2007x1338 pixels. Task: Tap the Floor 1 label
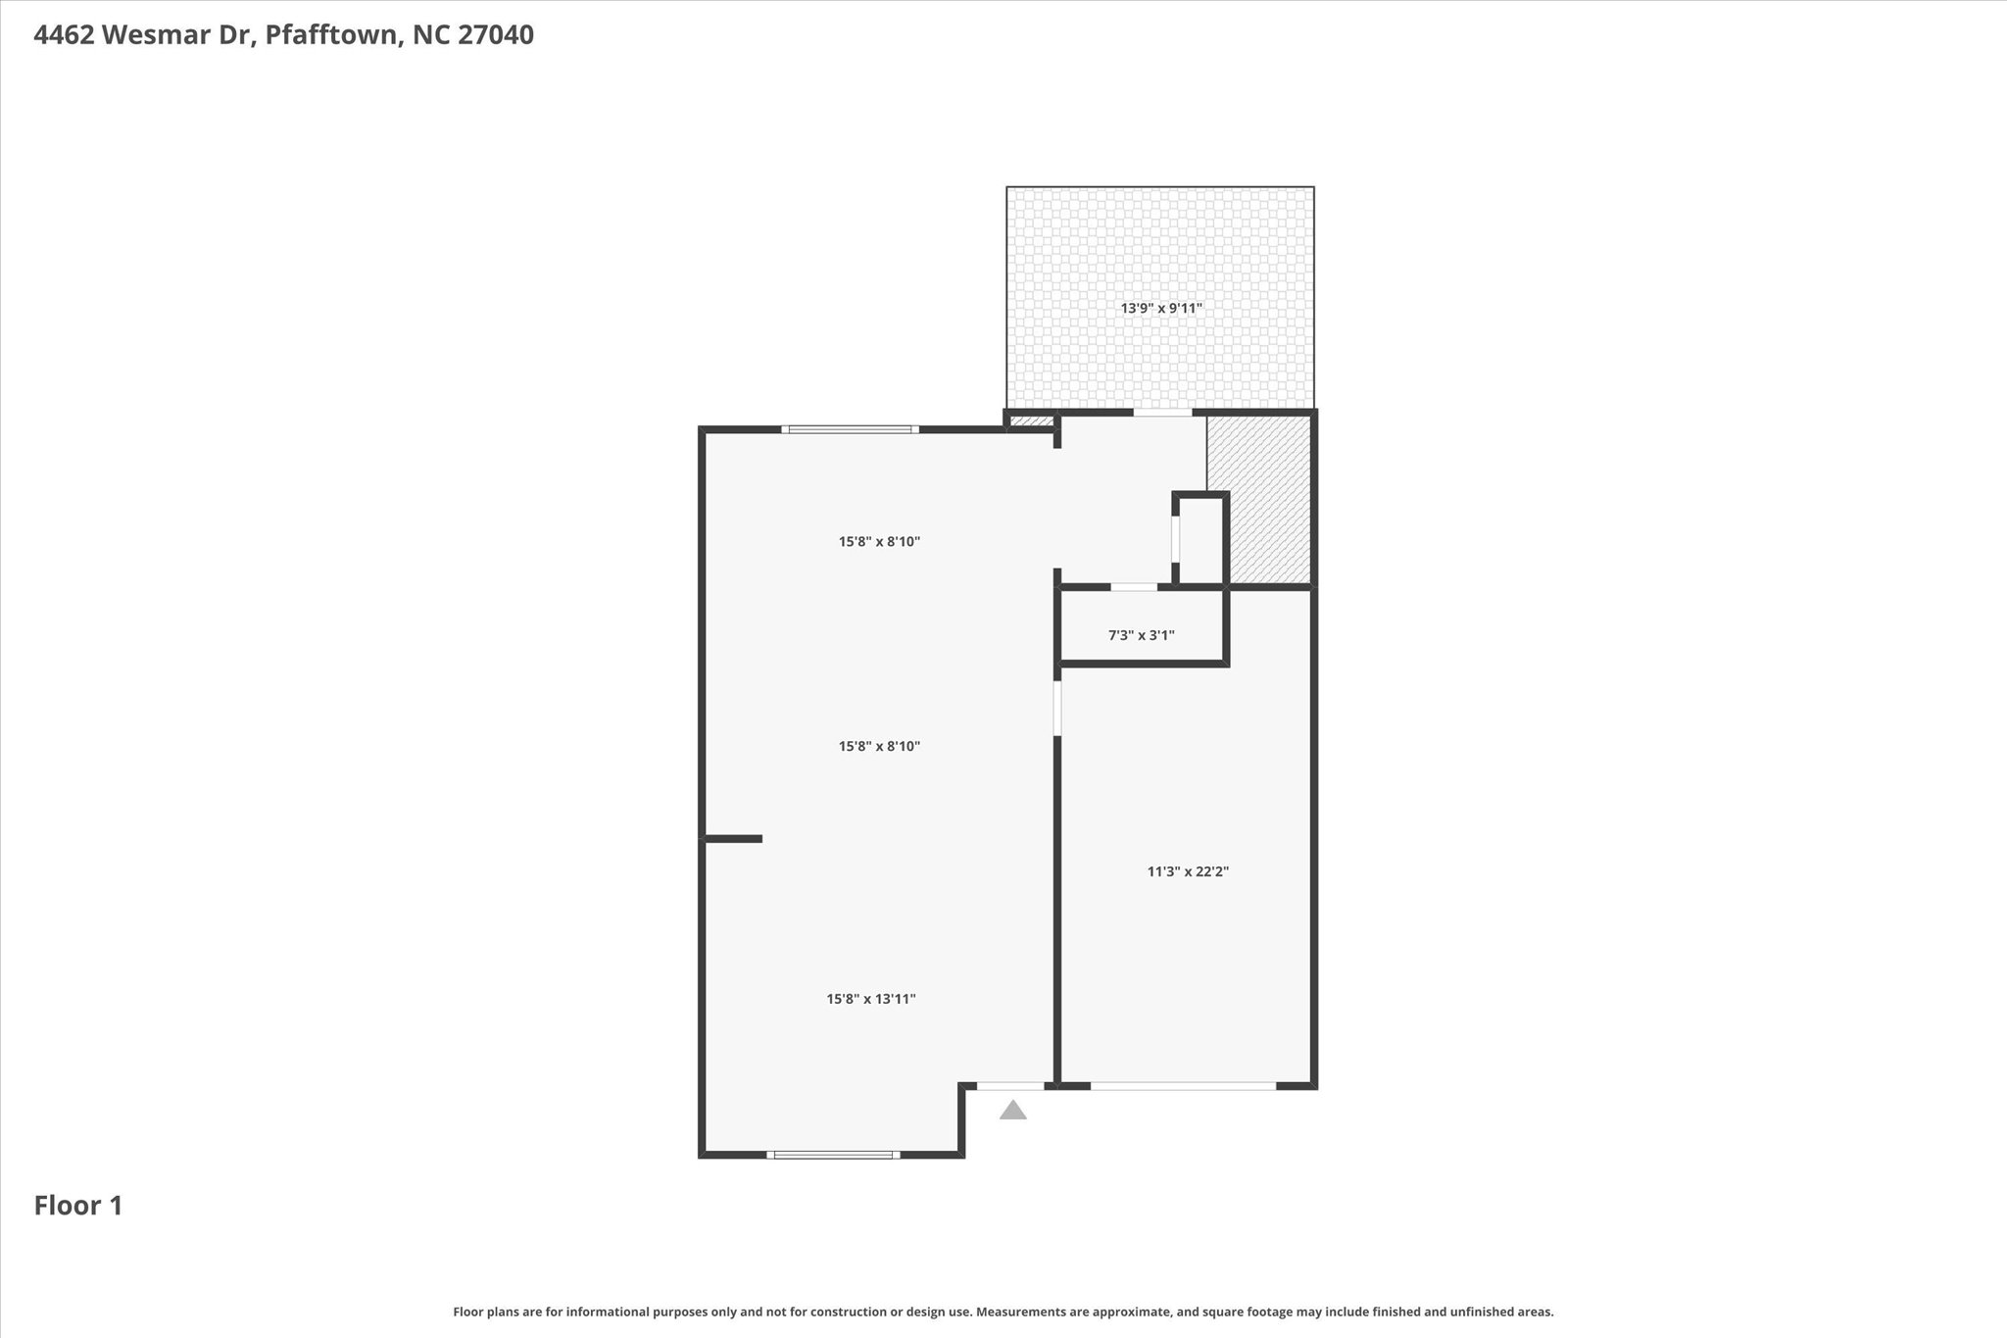78,1206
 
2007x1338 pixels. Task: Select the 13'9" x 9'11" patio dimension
1161,308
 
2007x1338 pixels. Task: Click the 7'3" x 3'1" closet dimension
1142,635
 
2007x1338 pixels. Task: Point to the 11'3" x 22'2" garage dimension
1188,870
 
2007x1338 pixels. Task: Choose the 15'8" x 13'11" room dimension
871,999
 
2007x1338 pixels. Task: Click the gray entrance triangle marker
1012,1110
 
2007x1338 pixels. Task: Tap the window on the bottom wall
833,1155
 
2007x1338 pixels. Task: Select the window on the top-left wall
850,429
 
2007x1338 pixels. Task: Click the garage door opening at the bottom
1184,1085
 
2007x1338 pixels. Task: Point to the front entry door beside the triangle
1010,1085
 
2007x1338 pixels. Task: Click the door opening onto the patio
1163,413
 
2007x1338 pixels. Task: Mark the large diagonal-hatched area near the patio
1259,500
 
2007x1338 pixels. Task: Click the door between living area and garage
1057,708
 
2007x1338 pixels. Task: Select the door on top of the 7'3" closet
1134,587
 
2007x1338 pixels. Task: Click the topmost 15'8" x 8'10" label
879,541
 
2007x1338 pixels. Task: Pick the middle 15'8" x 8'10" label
879,746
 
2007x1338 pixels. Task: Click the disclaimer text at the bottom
1003,1312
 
